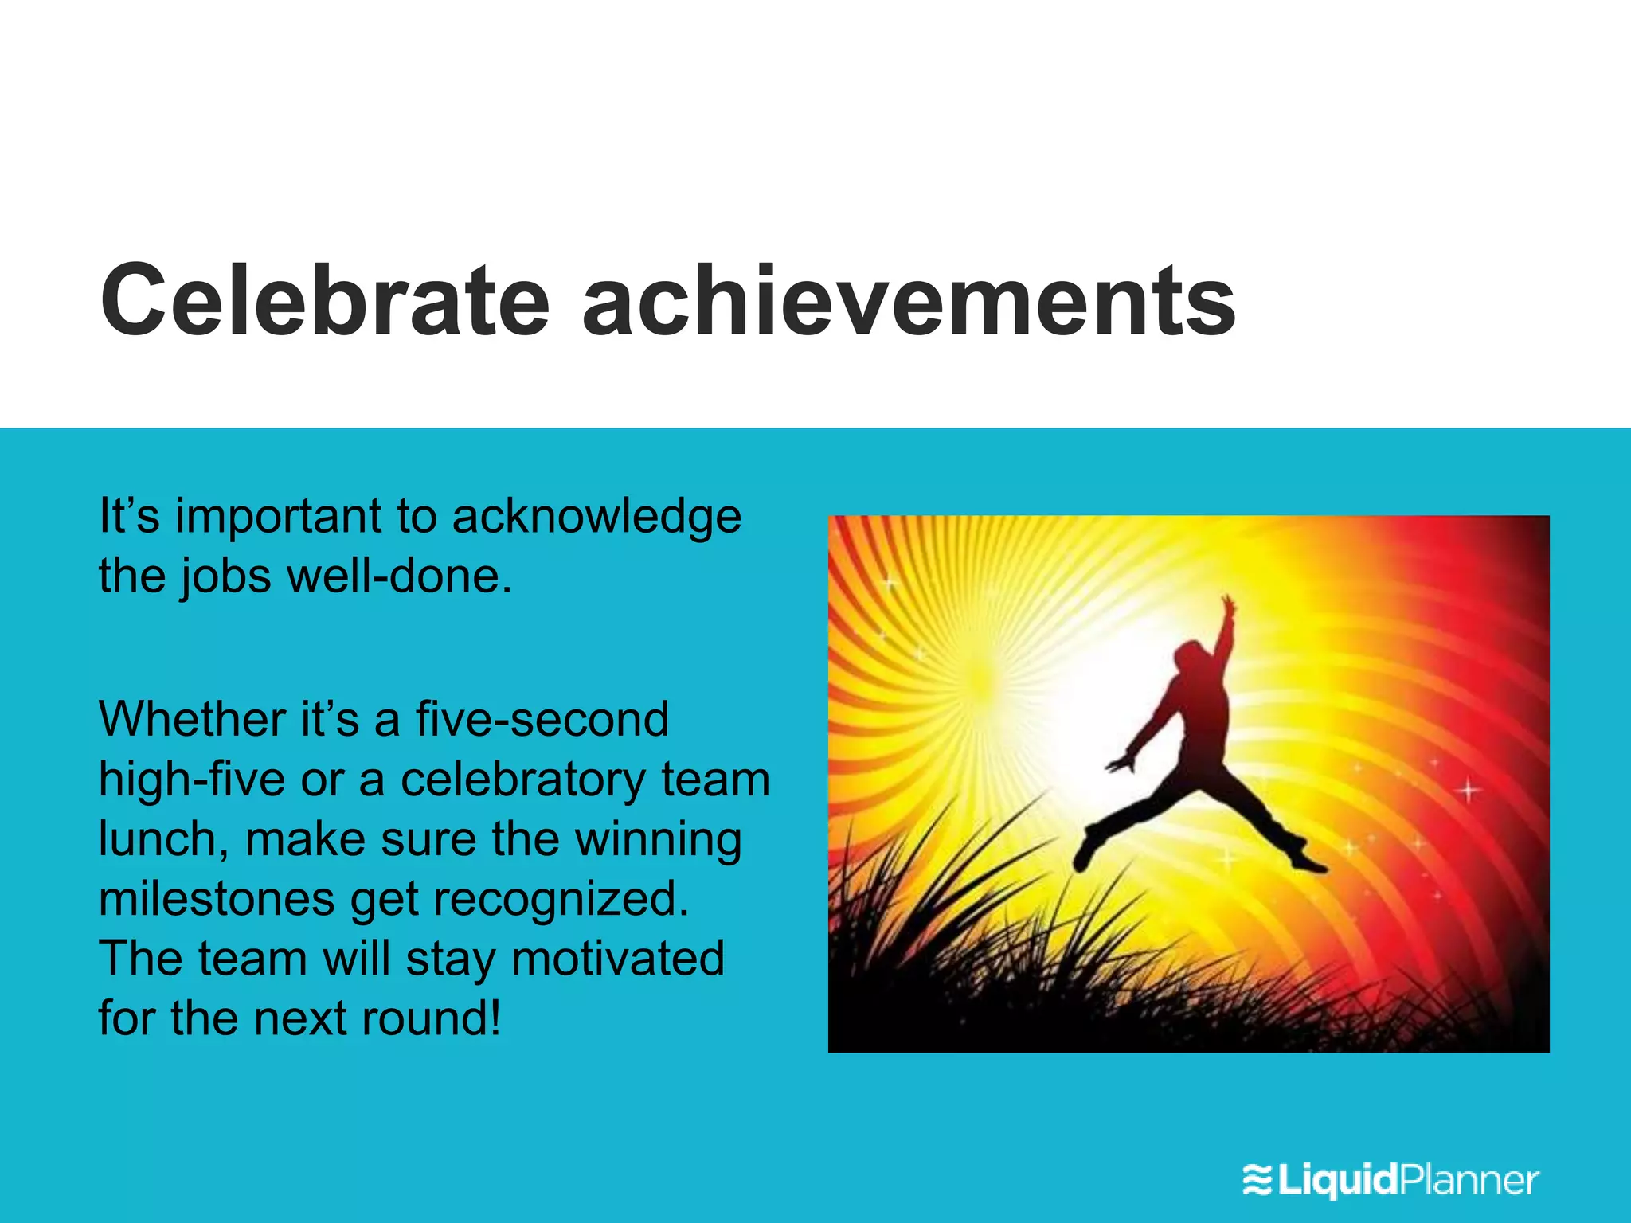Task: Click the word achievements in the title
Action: (909, 301)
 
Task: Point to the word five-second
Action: (542, 720)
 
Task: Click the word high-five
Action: (191, 780)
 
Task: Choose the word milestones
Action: (217, 900)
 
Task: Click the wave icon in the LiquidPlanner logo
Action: (1257, 1179)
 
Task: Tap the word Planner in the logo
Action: (1469, 1179)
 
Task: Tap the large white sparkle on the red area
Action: (1468, 791)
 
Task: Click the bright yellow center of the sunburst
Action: (984, 677)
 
